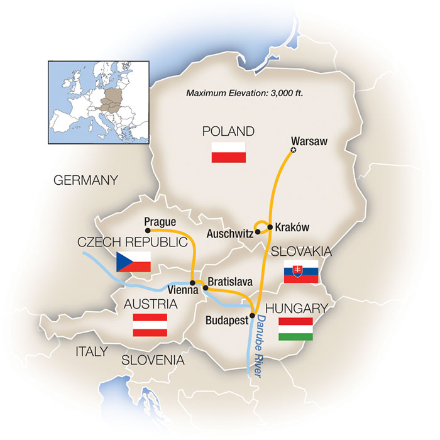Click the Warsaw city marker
pos(293,150)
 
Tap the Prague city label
pos(160,221)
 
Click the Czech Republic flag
pos(133,261)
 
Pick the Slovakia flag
pos(301,271)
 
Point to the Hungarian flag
pos(295,328)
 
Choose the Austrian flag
pos(150,324)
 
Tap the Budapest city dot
pos(252,316)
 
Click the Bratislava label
pos(233,282)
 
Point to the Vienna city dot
pos(192,282)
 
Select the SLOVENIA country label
pos(153,361)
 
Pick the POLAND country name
pos(228,131)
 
